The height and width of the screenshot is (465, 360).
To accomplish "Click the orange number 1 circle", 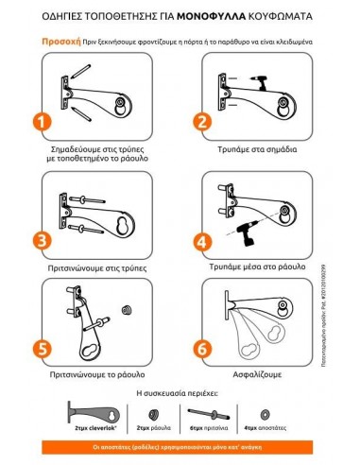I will [41, 123].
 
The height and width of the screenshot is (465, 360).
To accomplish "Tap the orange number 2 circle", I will [200, 121].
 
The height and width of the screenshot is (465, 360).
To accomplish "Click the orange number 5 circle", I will [41, 348].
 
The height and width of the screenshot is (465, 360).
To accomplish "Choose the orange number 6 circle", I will [200, 348].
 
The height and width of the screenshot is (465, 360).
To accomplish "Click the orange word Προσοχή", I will [59, 42].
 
